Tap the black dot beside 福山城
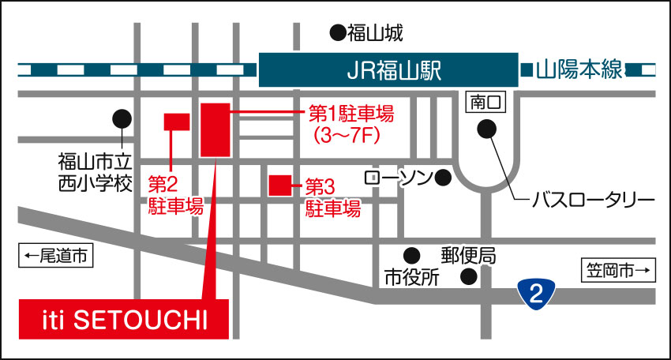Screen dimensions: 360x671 tap(337, 33)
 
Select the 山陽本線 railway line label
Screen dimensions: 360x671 tap(579, 71)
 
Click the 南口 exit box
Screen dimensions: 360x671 tap(484, 102)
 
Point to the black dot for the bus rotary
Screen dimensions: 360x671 tap(489, 127)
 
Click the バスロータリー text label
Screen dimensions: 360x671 tap(593, 199)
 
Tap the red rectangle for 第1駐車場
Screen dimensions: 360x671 tap(215, 129)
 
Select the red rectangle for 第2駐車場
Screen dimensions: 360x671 tap(176, 121)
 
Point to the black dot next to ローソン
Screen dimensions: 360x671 tap(443, 178)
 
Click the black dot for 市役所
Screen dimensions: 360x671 tap(411, 255)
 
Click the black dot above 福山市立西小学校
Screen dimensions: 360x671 tap(122, 119)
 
